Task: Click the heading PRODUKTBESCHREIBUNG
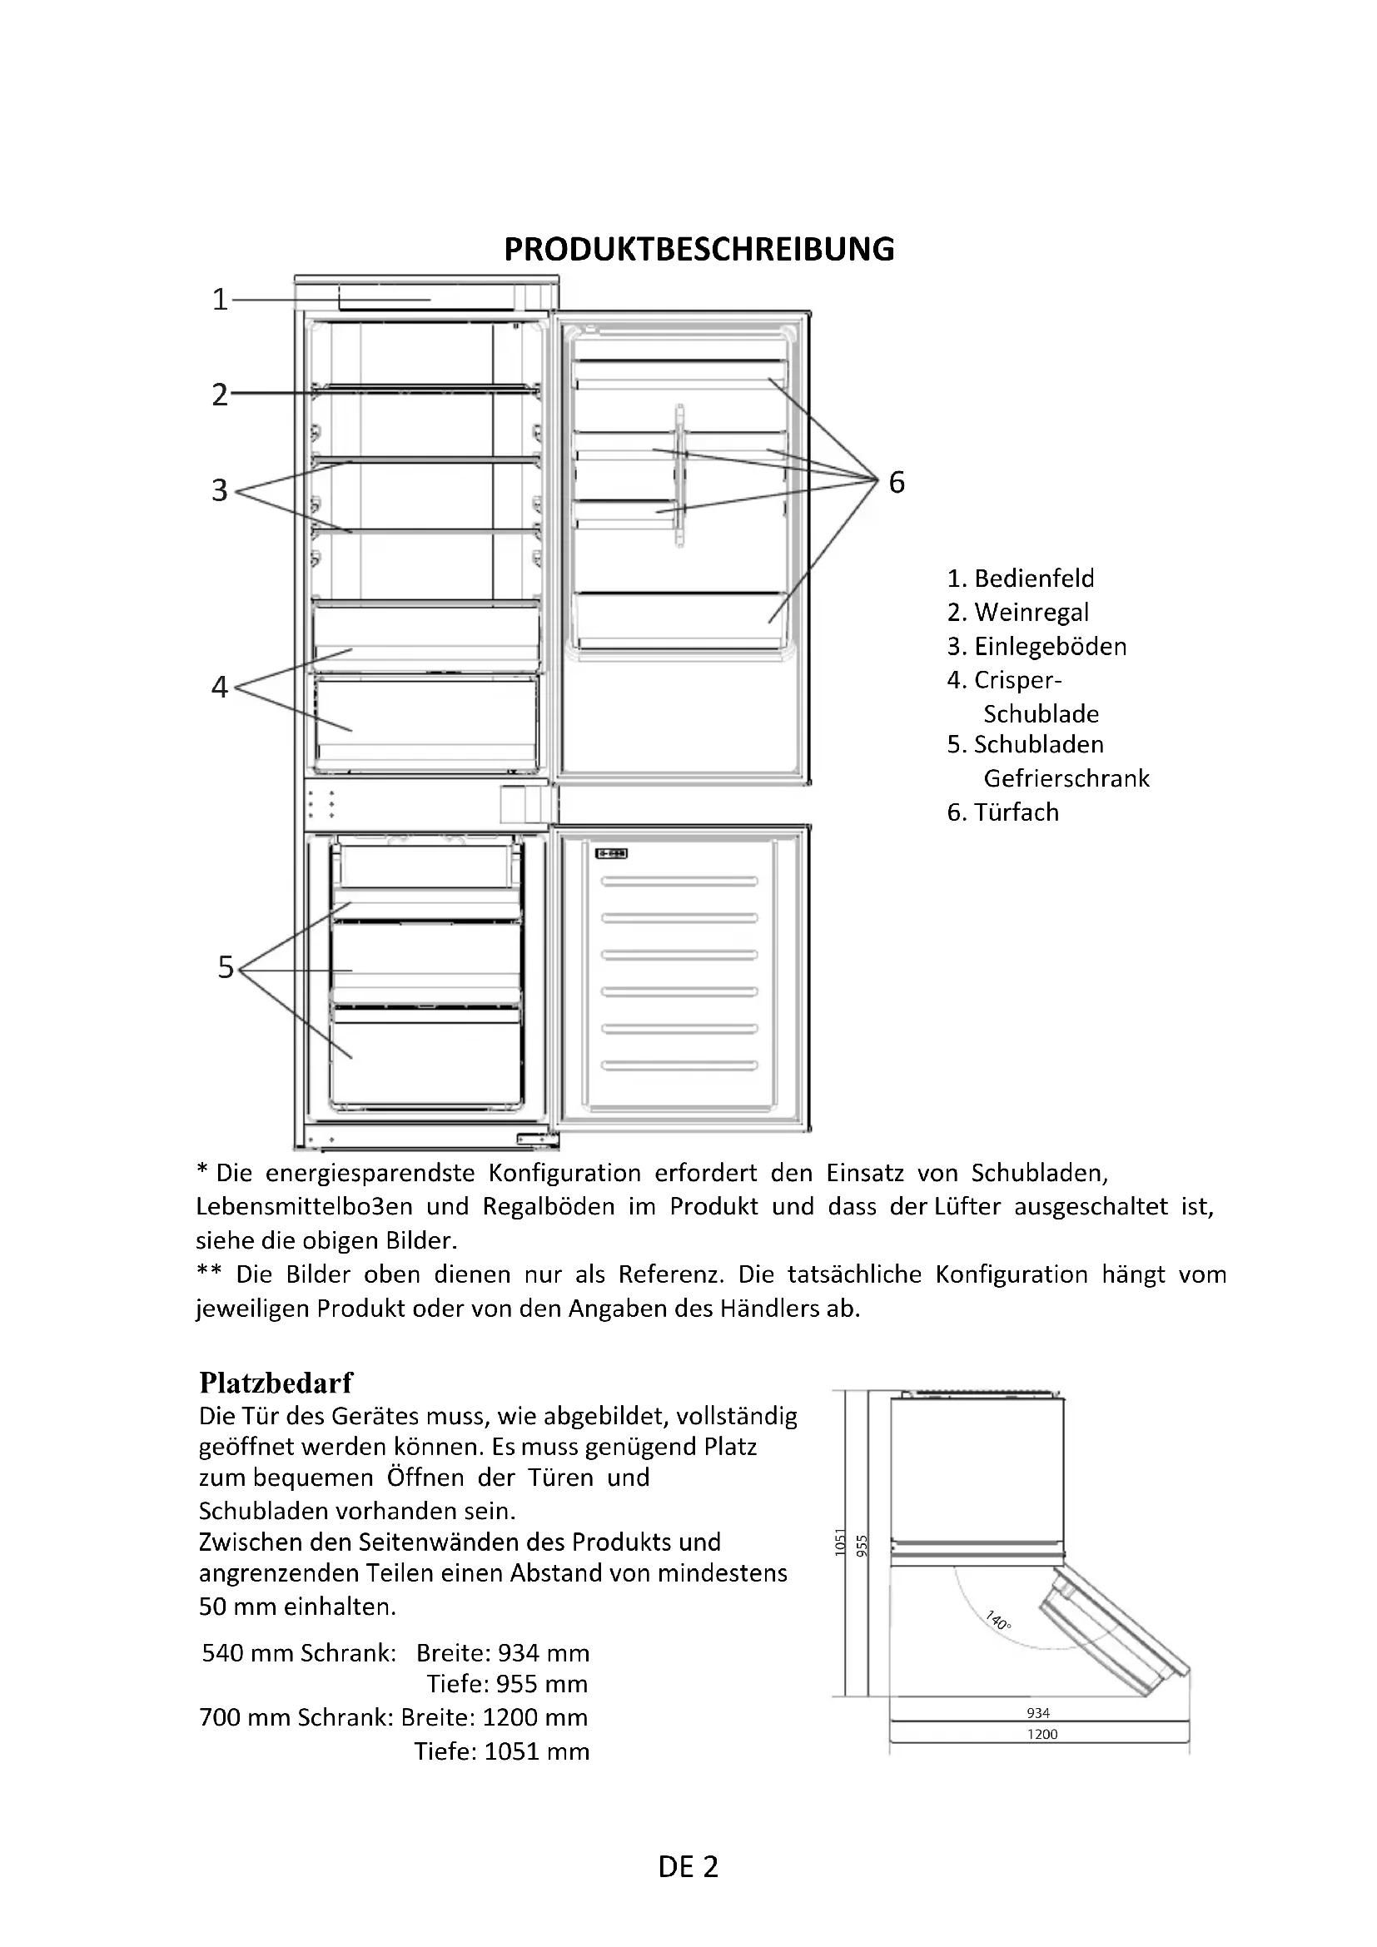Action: pyautogui.click(x=698, y=250)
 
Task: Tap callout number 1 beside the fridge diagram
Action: pyautogui.click(x=220, y=300)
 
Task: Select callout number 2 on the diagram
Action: pyautogui.click(x=220, y=395)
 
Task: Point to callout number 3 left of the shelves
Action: pyautogui.click(x=220, y=490)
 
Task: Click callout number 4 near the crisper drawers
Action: pyautogui.click(x=220, y=686)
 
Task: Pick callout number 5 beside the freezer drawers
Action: pyautogui.click(x=225, y=966)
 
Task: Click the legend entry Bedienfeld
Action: pyautogui.click(x=1021, y=579)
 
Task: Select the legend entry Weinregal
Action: pyautogui.click(x=1017, y=613)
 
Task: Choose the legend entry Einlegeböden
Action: pyautogui.click(x=1037, y=646)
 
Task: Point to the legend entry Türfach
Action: pyautogui.click(x=1003, y=812)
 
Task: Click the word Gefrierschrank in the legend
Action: pyautogui.click(x=1066, y=778)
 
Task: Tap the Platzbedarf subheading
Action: pyautogui.click(x=276, y=1383)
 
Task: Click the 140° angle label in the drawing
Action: pyautogui.click(x=999, y=1621)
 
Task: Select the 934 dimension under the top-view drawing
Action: pyautogui.click(x=1038, y=1713)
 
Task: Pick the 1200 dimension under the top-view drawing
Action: pyautogui.click(x=1042, y=1734)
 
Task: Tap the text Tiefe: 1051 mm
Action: pyautogui.click(x=501, y=1751)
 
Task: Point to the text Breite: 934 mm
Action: pyautogui.click(x=503, y=1653)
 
